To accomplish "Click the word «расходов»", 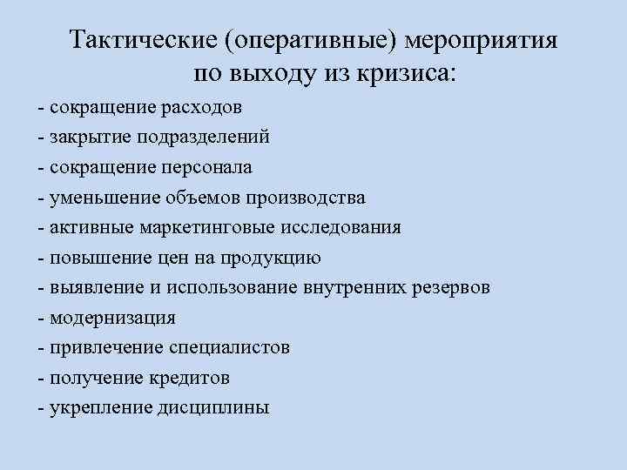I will pos(201,108).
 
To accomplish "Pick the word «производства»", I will pos(309,197).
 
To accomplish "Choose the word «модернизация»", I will pos(112,318).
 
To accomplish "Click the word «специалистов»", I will pos(228,347).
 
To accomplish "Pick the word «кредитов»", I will pos(187,378).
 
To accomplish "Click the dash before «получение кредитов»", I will pos(41,378).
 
